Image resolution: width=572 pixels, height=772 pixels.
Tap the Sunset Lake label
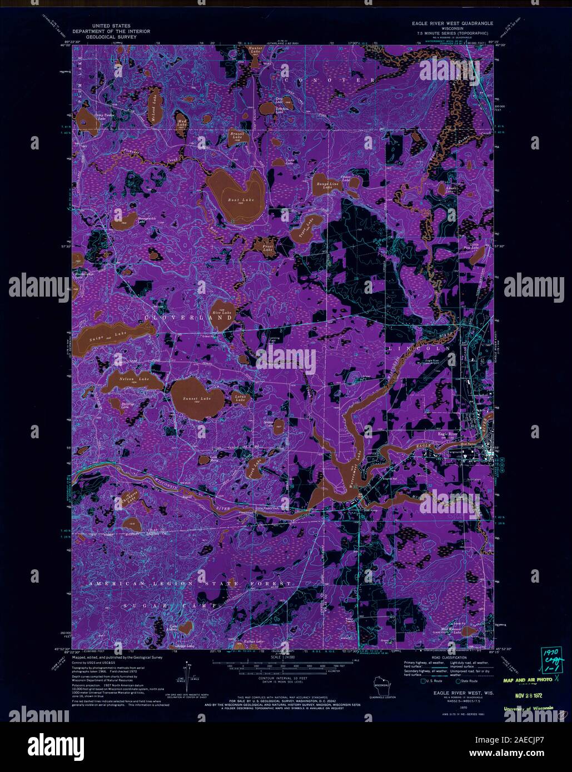click(198, 399)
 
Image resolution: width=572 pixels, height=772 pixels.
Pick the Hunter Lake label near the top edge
click(255, 50)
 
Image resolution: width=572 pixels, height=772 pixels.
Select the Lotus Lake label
click(240, 397)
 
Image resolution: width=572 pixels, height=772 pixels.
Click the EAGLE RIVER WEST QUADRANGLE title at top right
click(454, 24)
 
